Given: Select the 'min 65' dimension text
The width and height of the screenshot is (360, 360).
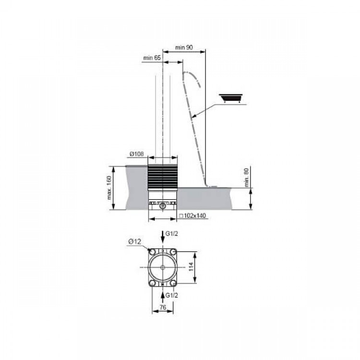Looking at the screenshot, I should pyautogui.click(x=152, y=58).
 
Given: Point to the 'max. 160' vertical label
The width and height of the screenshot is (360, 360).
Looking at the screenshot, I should pyautogui.click(x=109, y=187).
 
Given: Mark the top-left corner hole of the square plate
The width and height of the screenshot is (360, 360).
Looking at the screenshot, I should pyautogui.click(x=153, y=252).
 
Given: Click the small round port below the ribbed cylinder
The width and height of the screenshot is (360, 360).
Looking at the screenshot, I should pyautogui.click(x=163, y=206).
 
